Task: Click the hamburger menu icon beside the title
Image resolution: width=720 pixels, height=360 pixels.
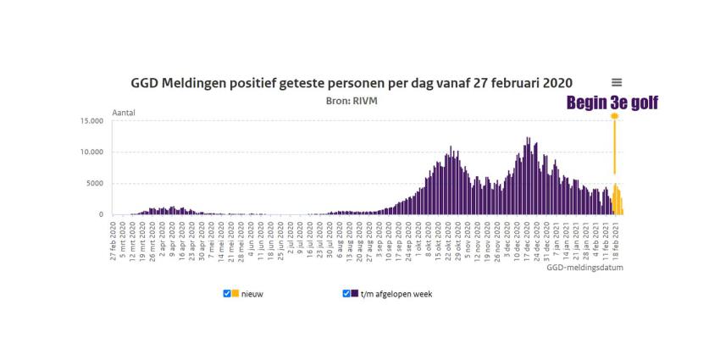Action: pos(617,82)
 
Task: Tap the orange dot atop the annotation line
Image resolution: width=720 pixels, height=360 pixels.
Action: pos(614,116)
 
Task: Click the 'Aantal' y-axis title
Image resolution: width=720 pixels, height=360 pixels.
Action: pos(124,112)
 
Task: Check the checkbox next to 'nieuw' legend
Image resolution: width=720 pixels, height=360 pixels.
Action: pos(227,293)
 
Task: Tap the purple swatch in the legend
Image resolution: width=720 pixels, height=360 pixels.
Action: pos(356,293)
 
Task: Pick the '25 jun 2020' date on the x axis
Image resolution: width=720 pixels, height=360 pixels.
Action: pos(280,241)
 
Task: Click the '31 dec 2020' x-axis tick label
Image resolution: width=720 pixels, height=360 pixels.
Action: pos(546,241)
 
